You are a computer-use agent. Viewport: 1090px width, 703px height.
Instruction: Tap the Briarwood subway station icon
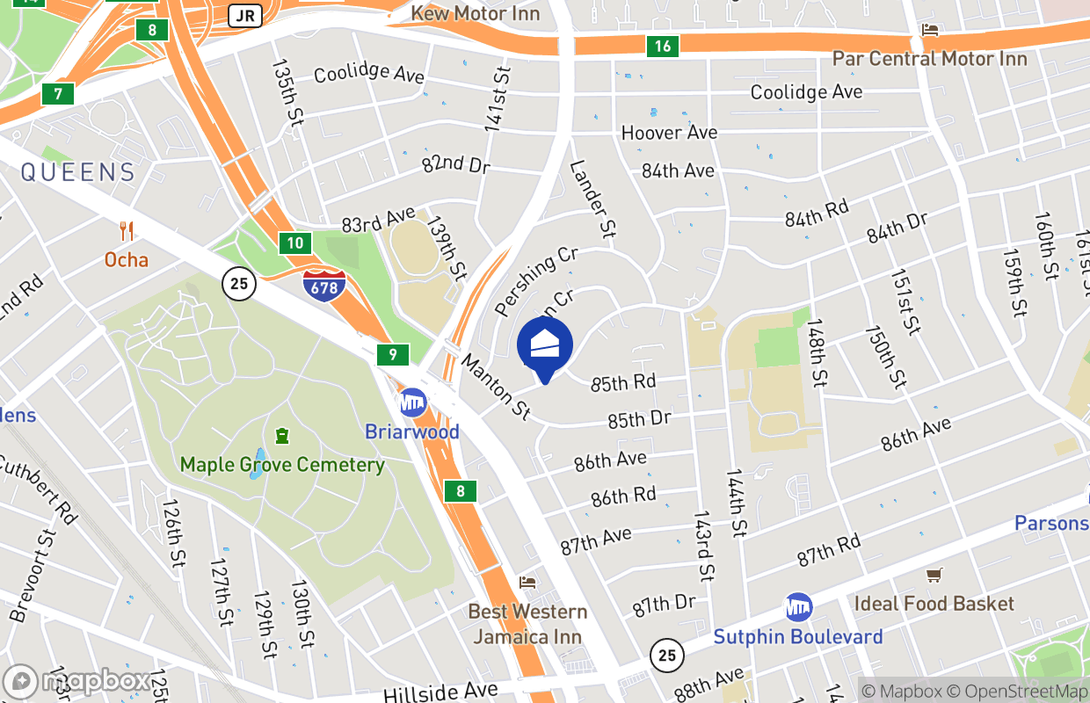[x=412, y=403]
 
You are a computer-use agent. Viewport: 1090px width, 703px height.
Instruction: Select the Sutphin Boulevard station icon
[x=798, y=607]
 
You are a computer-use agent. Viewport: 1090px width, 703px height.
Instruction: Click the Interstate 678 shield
[x=323, y=285]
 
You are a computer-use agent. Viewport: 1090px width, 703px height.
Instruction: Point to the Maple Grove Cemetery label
[x=282, y=464]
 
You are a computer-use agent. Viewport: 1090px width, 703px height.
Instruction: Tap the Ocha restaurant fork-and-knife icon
[x=127, y=232]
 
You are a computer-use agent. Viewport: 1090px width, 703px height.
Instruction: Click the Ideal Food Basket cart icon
[x=934, y=576]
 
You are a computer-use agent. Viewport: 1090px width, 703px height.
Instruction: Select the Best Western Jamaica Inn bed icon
[x=527, y=582]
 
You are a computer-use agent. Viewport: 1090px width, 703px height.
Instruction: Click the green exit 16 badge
[x=662, y=47]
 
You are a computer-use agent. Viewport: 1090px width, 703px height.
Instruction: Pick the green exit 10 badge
[x=296, y=243]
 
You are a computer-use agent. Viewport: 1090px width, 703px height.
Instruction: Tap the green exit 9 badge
[x=392, y=356]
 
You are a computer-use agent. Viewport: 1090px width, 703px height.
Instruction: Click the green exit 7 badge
[x=58, y=93]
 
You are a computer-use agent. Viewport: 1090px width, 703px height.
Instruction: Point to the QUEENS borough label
[x=78, y=172]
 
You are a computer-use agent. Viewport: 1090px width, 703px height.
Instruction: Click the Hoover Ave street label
[x=669, y=133]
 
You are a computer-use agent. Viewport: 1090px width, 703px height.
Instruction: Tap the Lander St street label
[x=592, y=199]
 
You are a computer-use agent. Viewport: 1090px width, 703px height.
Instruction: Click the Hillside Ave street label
[x=440, y=692]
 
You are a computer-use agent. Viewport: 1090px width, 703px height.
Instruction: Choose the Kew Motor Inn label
[x=476, y=13]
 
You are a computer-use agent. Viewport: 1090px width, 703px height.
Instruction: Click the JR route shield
[x=244, y=15]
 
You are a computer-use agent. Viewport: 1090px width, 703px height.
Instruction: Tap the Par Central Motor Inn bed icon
[x=929, y=31]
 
